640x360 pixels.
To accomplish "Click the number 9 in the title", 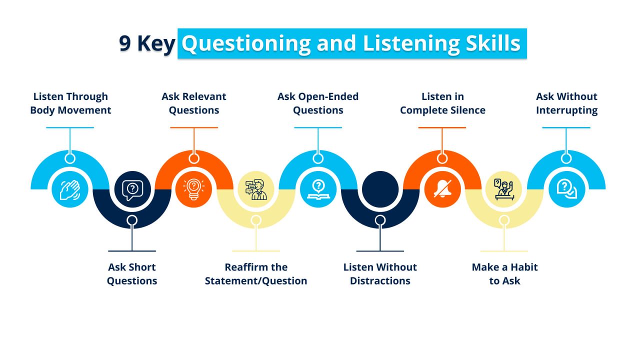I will (x=125, y=44).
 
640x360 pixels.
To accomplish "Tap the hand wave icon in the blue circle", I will (x=70, y=190).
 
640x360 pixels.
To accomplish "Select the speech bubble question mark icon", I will (x=132, y=189).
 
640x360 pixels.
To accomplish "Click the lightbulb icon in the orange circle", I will (x=193, y=190).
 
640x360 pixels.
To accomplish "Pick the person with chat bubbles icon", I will (x=255, y=189).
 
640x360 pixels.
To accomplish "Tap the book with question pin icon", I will (x=317, y=190).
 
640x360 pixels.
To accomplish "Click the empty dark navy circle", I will (x=380, y=189).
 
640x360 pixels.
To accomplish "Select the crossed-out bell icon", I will (x=442, y=190).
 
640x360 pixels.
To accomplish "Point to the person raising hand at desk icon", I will (x=504, y=189).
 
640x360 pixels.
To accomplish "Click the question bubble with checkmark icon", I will (x=566, y=190).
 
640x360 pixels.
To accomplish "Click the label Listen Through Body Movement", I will (x=70, y=103).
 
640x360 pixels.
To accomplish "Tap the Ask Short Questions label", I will (x=132, y=274).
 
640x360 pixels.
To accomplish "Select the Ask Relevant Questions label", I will (x=194, y=103).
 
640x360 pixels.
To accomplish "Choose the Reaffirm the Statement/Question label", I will (x=256, y=274).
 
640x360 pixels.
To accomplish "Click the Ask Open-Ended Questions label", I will (x=318, y=103).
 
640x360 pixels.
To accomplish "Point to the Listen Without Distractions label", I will (x=380, y=274).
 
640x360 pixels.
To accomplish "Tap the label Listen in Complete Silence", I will (x=442, y=103).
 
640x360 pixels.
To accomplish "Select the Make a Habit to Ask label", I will (x=504, y=274).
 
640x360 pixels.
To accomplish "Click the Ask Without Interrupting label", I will (x=566, y=103).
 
